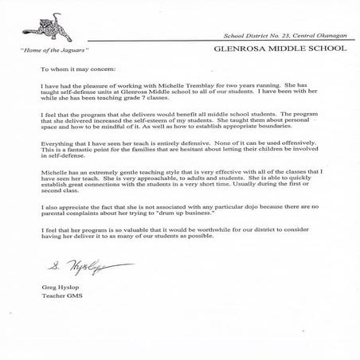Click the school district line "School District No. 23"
click(x=254, y=37)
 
